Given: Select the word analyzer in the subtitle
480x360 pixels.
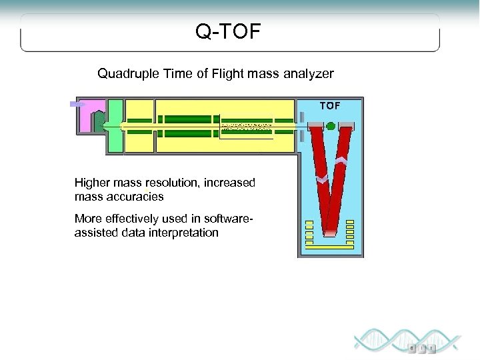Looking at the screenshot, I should pyautogui.click(x=308, y=73).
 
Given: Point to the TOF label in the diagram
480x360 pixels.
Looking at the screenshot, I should pyautogui.click(x=329, y=105).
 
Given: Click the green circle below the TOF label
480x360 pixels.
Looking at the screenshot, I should pyautogui.click(x=331, y=126).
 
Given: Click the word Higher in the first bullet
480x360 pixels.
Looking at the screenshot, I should pyautogui.click(x=93, y=183).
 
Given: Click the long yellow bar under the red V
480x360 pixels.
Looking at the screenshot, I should pyautogui.click(x=330, y=246).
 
